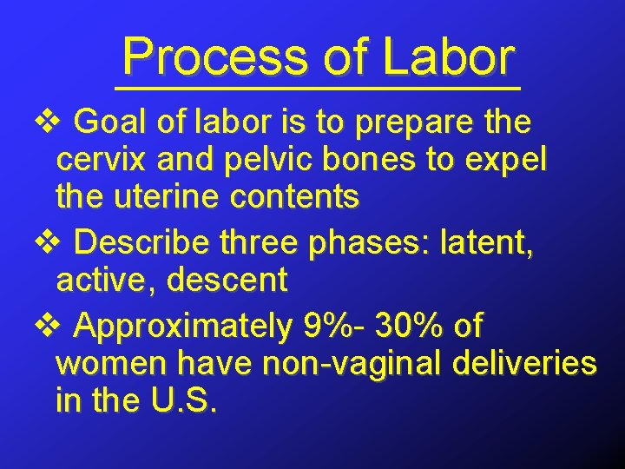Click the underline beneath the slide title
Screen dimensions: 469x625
318,89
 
